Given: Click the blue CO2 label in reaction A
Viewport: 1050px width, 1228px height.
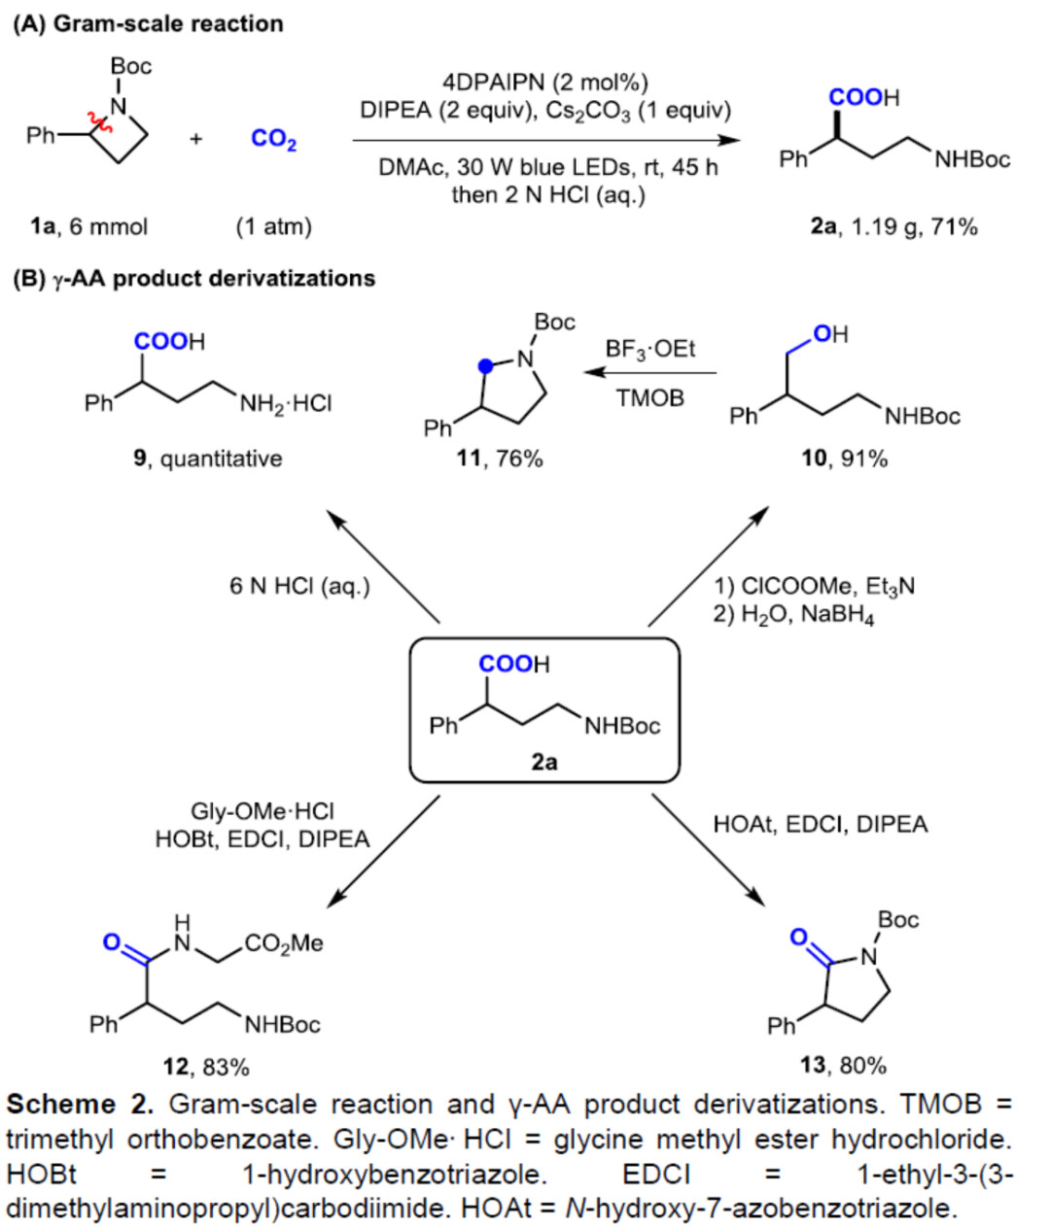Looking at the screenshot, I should [273, 139].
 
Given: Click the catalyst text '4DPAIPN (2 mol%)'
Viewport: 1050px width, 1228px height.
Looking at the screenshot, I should [544, 83].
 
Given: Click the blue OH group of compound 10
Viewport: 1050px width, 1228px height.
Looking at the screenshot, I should [829, 334].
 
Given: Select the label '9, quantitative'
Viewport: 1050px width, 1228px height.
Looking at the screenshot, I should [208, 458].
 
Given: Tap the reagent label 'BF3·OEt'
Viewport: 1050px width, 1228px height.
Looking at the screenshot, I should [650, 349].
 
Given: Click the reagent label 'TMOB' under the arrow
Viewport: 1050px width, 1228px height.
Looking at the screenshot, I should [650, 397].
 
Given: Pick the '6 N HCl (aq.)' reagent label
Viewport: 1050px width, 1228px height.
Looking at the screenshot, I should [299, 587].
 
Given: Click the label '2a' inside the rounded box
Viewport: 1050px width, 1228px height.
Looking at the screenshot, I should [544, 762].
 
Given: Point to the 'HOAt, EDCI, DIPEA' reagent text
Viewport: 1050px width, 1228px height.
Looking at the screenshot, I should [821, 825].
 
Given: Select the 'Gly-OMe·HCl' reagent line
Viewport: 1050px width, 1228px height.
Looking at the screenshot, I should [262, 811].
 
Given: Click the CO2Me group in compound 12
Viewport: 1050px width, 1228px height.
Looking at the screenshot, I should [283, 943].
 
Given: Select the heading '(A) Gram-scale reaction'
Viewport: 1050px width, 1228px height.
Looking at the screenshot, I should [148, 24].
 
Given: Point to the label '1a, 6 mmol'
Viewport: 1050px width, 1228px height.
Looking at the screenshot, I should [89, 227].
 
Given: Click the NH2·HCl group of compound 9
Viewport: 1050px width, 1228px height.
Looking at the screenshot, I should [286, 402].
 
